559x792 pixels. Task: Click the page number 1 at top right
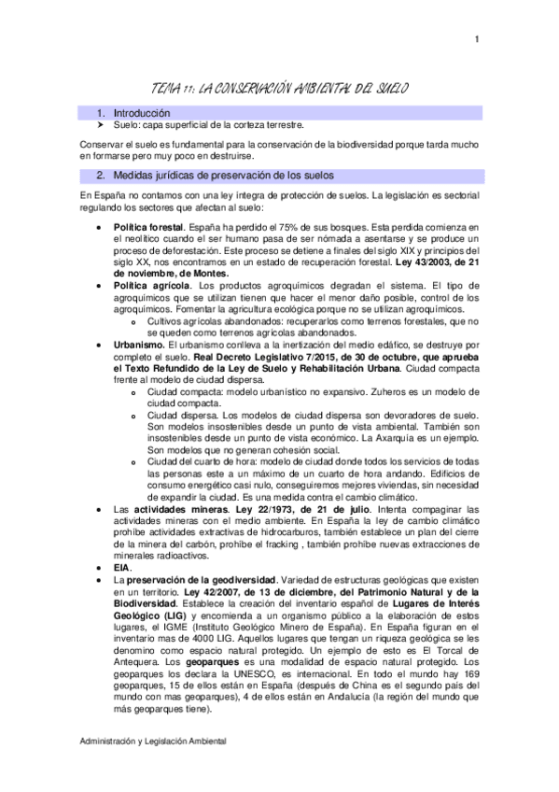pos(476,38)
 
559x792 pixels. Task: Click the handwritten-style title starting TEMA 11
pos(279,88)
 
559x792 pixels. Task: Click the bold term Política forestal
pos(148,228)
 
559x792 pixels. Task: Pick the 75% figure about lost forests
pos(287,228)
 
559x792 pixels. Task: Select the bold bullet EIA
pos(122,567)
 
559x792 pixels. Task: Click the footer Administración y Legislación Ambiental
pos(153,742)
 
